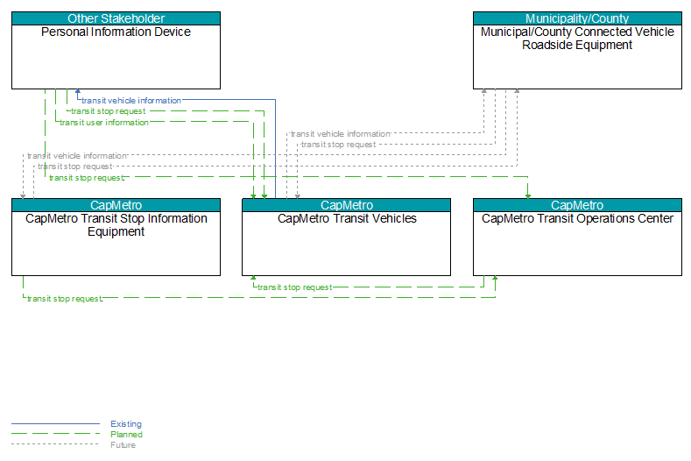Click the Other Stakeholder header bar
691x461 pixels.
point(116,18)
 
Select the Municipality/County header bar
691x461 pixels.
point(577,18)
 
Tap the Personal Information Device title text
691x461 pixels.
point(116,32)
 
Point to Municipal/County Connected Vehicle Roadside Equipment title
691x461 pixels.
point(577,39)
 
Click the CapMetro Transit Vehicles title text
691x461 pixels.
point(347,218)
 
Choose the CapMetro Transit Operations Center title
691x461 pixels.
point(577,218)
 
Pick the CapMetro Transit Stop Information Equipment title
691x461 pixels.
point(116,225)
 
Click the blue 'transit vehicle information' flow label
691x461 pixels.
point(131,101)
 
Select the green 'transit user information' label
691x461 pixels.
point(104,123)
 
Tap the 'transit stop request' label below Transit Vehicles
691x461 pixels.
point(294,287)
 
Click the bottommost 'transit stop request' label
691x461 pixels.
point(64,299)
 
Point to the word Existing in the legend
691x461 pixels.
point(126,424)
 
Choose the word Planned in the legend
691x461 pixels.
point(126,435)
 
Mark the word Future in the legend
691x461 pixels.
point(123,445)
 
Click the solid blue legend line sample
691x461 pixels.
point(55,424)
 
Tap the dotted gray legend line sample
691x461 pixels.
point(55,444)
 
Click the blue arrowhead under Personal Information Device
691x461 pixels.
point(78,92)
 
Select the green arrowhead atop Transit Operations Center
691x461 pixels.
point(528,195)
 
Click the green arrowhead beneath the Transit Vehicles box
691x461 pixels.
point(253,279)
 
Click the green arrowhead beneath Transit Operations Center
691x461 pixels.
point(495,279)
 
